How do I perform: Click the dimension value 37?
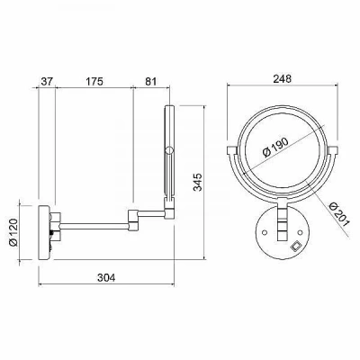46,81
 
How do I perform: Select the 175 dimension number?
94,81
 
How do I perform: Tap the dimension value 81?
151,81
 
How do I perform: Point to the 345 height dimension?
198,182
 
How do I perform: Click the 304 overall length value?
106,278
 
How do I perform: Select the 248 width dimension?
283,78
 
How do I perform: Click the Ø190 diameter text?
275,147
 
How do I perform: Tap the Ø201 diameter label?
339,215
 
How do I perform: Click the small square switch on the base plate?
296,247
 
